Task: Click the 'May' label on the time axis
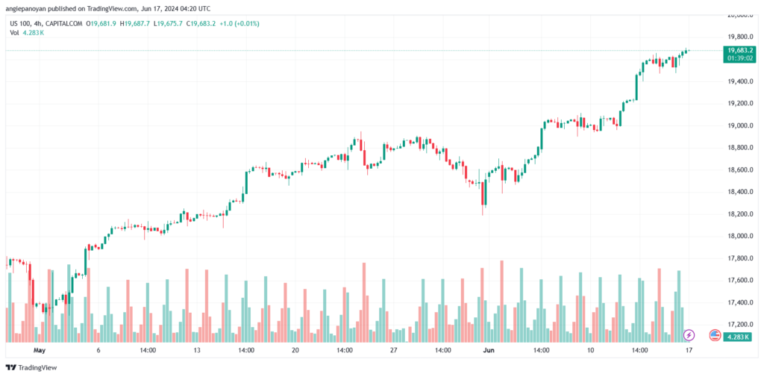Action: pyautogui.click(x=40, y=349)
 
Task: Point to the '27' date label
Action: pyautogui.click(x=394, y=349)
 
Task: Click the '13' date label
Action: pyautogui.click(x=196, y=349)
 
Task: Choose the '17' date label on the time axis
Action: pyautogui.click(x=689, y=349)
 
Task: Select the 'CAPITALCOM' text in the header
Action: pyautogui.click(x=65, y=23)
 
